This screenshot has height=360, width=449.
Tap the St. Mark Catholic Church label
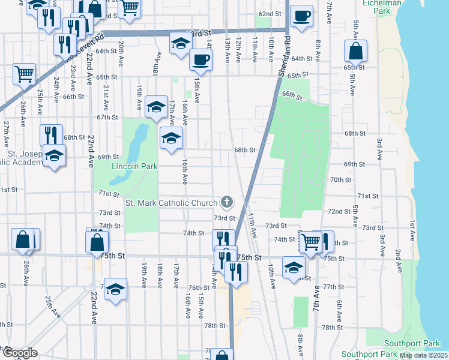tap(171, 203)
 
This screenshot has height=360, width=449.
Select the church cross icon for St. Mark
tap(226, 202)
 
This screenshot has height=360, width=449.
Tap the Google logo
tap(19, 353)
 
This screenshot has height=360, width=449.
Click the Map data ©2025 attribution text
tap(423, 355)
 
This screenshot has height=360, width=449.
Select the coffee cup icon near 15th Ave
tap(200, 60)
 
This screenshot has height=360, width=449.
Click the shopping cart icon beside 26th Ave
tap(24, 74)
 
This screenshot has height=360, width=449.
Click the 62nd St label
tap(270, 14)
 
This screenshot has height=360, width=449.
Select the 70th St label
tap(340, 179)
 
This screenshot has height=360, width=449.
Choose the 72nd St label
tap(339, 211)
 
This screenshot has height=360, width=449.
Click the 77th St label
tap(332, 287)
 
